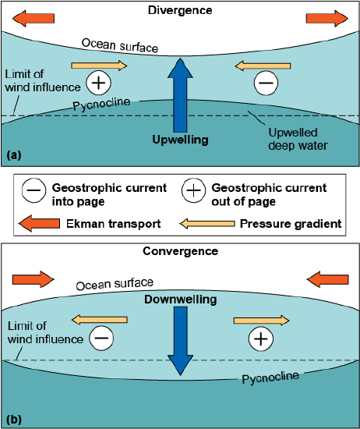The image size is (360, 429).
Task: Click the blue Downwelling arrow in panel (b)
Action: (180, 343)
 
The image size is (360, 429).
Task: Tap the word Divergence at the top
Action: (180, 11)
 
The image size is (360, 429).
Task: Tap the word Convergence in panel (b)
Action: (180, 251)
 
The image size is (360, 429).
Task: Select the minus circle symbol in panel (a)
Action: (265, 81)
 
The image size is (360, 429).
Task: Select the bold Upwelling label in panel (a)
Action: (179, 140)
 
